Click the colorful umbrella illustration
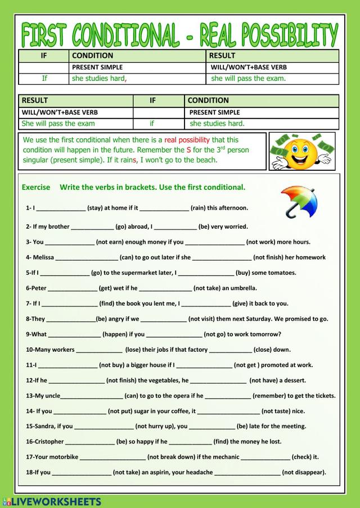pyautogui.click(x=299, y=201)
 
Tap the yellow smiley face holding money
pyautogui.click(x=301, y=151)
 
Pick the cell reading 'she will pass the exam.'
pyautogui.click(x=248, y=78)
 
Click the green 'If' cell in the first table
pyautogui.click(x=44, y=78)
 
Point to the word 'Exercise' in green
pyautogui.click(x=36, y=187)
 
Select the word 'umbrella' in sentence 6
pyautogui.click(x=242, y=288)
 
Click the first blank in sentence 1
pyautogui.click(x=61, y=208)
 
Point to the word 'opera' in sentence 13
pyautogui.click(x=178, y=396)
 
